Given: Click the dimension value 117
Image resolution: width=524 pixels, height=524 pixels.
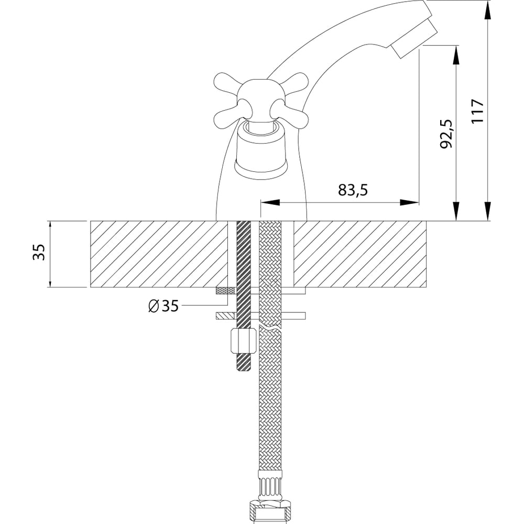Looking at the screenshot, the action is [477, 111].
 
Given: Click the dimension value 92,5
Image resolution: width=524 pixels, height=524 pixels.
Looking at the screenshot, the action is [446, 134].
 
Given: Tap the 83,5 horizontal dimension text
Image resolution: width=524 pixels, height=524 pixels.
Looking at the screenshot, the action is [353, 190].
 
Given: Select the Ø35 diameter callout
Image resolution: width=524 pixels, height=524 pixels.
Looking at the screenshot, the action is [163, 305].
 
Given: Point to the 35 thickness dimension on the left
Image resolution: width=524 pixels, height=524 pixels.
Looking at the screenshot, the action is [39, 253].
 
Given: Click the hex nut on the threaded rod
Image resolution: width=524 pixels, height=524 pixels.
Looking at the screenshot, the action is [243, 341].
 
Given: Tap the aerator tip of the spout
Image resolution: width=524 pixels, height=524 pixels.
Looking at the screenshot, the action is [414, 39].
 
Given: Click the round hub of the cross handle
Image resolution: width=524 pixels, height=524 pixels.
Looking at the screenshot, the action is [261, 99].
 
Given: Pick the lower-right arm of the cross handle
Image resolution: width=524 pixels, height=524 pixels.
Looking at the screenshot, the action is [290, 115].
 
